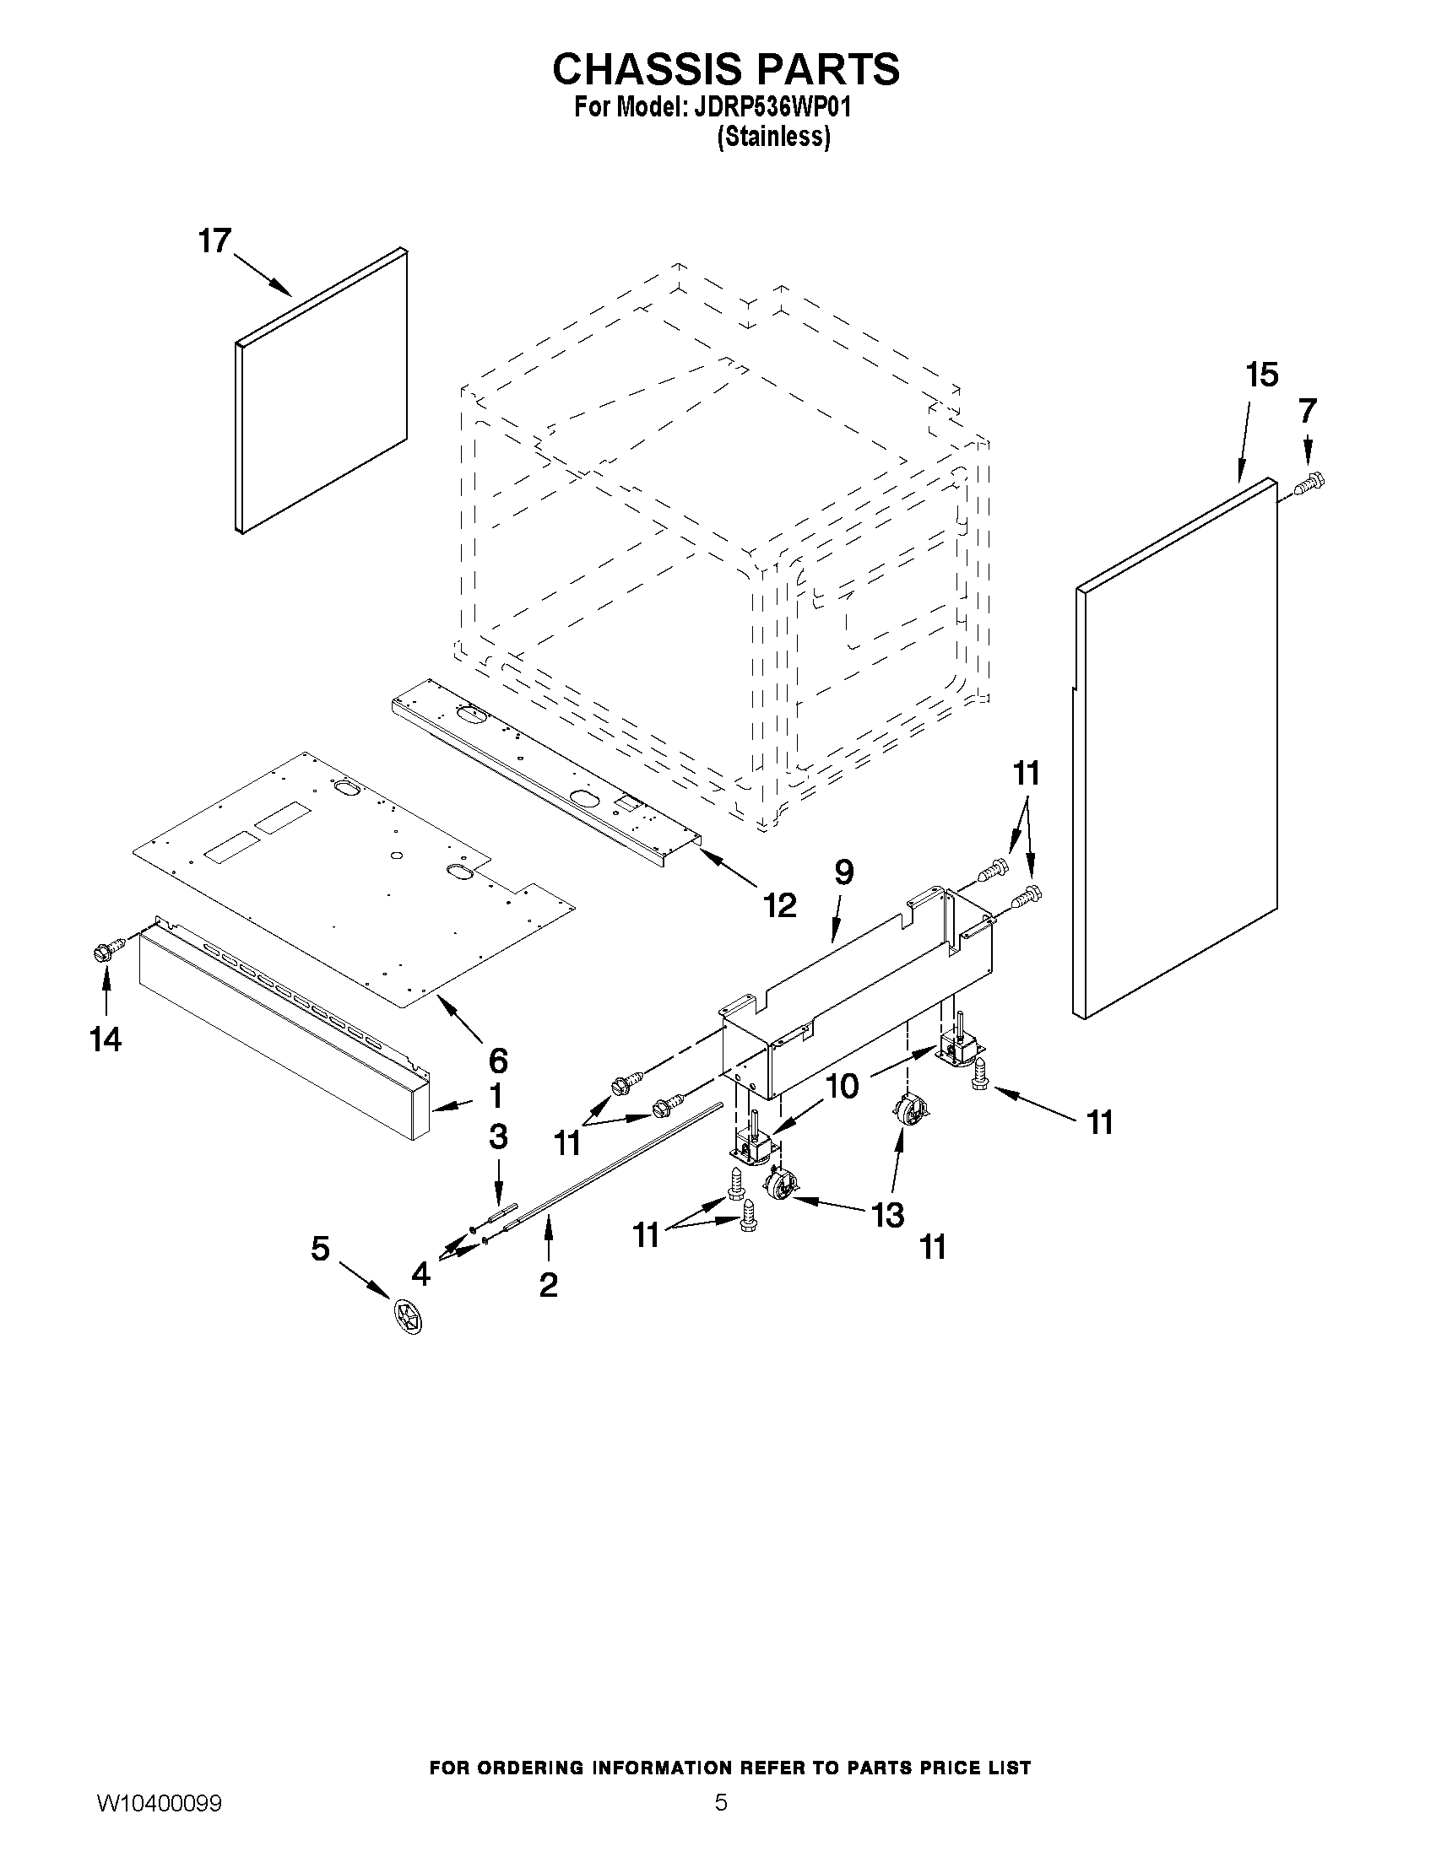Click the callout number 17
(214, 240)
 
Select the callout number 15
(1261, 375)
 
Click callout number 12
(779, 905)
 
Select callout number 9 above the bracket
(843, 873)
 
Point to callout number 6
(498, 1061)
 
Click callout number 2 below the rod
(548, 1284)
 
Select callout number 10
(843, 1087)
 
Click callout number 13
(886, 1215)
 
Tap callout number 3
(498, 1136)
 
